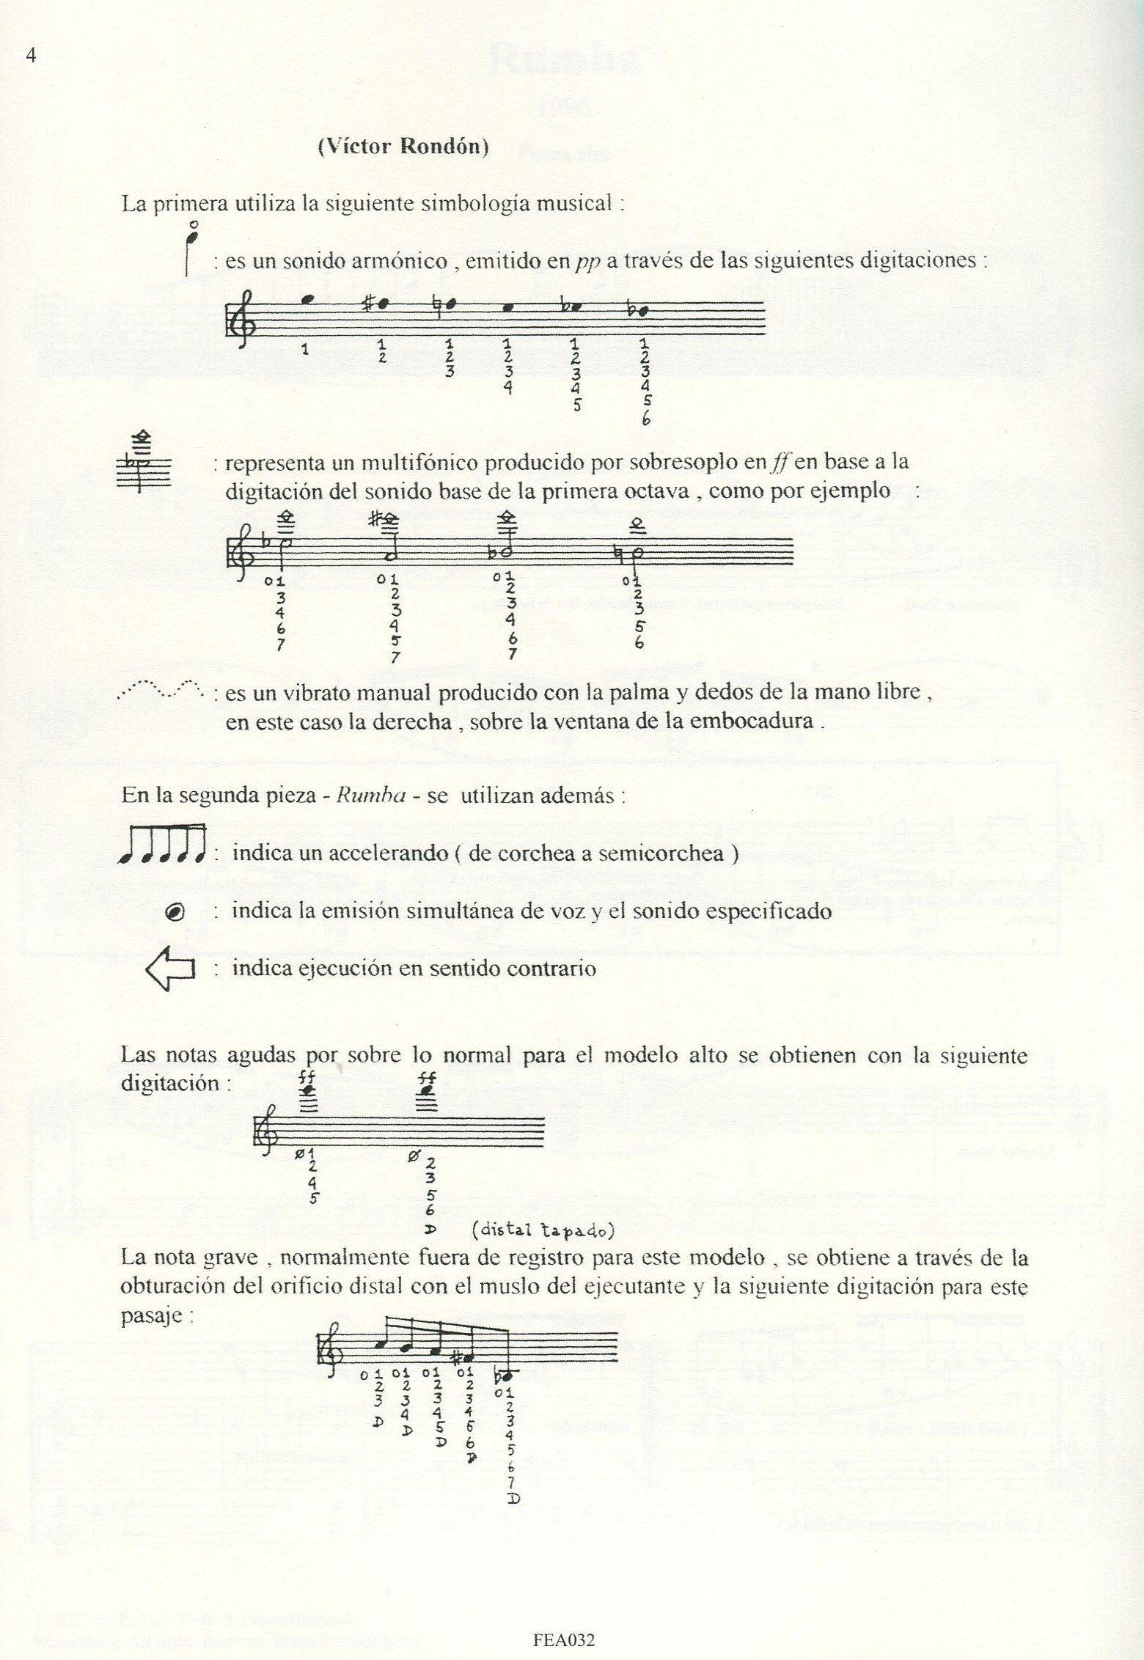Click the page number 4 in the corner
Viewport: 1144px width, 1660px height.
point(31,56)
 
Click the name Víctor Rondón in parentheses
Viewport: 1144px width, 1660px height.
point(403,147)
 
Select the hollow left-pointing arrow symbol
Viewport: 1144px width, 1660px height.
point(170,969)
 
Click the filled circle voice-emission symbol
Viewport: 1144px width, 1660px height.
point(175,912)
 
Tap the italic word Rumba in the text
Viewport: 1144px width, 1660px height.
point(371,797)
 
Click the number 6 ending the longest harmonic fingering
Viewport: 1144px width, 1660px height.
point(645,420)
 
